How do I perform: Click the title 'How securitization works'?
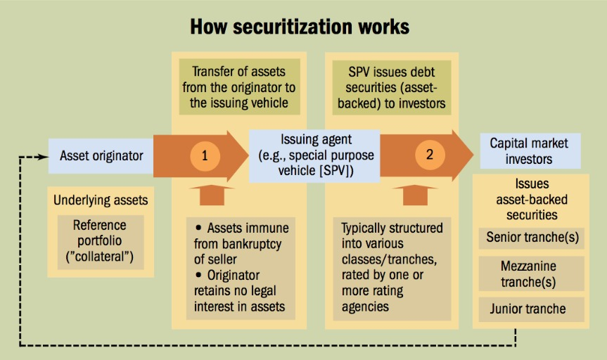point(300,27)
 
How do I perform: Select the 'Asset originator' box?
point(101,156)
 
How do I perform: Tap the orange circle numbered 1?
point(205,155)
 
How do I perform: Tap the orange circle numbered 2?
point(430,155)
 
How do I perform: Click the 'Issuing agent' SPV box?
point(314,155)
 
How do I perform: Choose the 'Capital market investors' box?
point(530,151)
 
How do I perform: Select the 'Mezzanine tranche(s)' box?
point(532,274)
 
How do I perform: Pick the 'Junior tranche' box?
point(532,309)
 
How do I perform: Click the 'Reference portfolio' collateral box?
point(101,243)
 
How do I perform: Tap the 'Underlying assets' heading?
point(101,200)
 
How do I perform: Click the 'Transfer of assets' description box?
point(239,87)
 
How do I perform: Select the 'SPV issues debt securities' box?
point(392,87)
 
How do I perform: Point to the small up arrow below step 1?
point(212,195)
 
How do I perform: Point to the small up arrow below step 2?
point(415,195)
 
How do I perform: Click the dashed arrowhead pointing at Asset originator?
point(44,157)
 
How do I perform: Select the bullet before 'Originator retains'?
point(199,275)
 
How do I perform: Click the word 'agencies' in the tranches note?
point(365,307)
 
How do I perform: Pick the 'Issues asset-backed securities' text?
point(532,200)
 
